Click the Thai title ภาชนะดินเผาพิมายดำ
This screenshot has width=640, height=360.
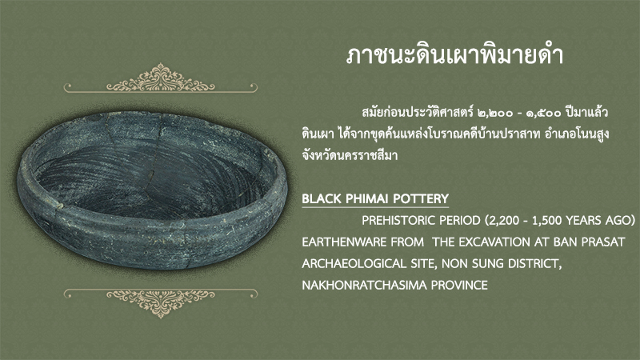coord(454,56)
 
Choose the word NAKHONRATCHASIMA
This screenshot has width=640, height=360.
coord(364,285)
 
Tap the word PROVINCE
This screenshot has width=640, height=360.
coord(459,285)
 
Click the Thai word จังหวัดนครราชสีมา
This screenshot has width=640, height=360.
coord(350,155)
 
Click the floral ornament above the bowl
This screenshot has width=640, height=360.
coord(161,78)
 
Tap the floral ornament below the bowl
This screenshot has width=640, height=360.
coord(161,303)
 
